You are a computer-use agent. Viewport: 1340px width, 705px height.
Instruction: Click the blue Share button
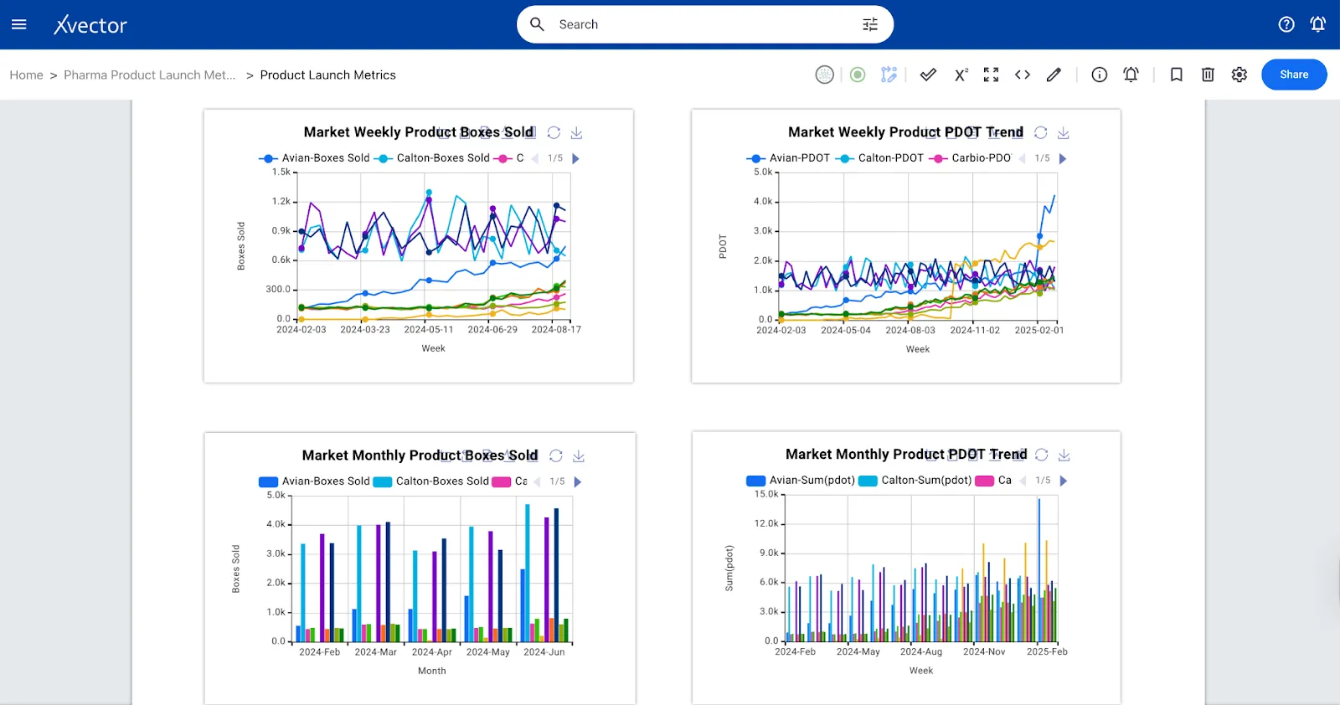point(1293,75)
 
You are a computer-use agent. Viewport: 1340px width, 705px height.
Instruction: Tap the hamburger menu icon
point(19,24)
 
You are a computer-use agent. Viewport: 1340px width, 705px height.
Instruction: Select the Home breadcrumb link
point(26,75)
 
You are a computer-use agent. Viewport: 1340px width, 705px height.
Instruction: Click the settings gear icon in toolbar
point(1239,75)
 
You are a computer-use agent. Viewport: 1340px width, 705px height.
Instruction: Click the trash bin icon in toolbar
point(1208,75)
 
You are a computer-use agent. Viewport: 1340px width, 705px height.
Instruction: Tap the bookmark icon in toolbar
point(1176,75)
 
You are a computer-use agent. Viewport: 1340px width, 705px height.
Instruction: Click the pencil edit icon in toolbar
point(1054,75)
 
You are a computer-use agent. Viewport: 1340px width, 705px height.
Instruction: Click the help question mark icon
point(1286,24)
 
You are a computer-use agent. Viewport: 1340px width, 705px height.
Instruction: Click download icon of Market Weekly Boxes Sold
point(576,133)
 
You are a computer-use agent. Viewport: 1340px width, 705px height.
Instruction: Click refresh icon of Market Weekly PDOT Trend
point(1040,133)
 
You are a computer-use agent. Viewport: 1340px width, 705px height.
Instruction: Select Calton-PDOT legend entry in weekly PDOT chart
point(889,158)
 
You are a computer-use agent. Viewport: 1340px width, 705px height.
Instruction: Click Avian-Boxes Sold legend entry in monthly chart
point(325,481)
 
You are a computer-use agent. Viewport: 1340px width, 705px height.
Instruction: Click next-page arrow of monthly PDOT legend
point(1064,481)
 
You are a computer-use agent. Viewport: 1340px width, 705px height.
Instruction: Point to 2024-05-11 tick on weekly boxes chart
point(429,330)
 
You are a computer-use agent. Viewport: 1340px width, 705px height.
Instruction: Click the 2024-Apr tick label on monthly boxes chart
point(431,652)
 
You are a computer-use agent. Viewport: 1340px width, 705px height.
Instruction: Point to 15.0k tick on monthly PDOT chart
point(765,494)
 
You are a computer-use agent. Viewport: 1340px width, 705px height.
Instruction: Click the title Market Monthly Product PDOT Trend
point(905,455)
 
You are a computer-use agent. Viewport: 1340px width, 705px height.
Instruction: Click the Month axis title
point(431,671)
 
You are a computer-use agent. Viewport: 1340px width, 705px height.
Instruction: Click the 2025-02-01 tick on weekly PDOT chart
point(1038,331)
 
